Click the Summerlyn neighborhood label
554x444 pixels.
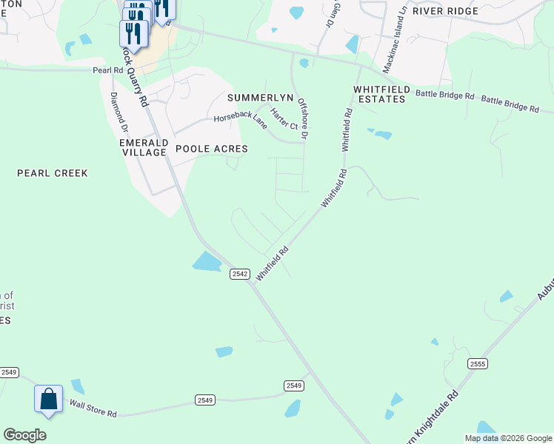[x=261, y=98]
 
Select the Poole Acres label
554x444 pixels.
[x=211, y=149]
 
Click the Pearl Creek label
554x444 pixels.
[x=53, y=173]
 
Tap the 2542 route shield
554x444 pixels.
[x=239, y=273]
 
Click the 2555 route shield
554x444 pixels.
[x=477, y=363]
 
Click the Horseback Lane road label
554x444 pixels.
[x=241, y=119]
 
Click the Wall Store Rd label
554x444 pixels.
[x=93, y=408]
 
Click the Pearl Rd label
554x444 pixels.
[x=107, y=70]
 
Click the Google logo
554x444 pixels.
[x=24, y=435]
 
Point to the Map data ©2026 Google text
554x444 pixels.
[x=509, y=438]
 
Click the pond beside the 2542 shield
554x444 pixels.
[x=207, y=260]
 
